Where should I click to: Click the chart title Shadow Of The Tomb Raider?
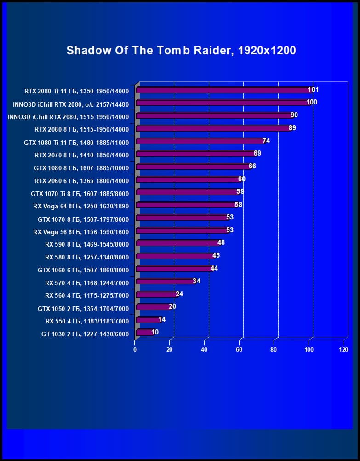181,50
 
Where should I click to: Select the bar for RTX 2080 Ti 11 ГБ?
223,90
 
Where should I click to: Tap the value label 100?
312,102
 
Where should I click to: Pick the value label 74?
266,141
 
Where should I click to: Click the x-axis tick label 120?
343,350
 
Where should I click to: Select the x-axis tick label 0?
135,350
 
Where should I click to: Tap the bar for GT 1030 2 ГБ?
144,333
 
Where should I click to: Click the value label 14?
162,319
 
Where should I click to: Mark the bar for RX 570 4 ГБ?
166,281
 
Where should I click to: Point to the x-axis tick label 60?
239,350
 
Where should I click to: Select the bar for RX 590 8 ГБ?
177,243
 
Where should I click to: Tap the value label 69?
257,153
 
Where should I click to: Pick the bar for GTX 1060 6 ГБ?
174,269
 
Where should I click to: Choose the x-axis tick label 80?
274,350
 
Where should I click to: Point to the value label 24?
179,294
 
